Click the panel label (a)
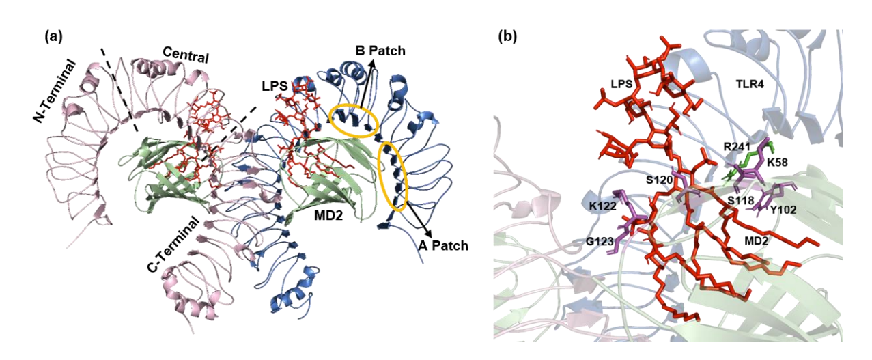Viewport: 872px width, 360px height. pos(53,37)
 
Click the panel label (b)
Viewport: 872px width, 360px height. pos(507,37)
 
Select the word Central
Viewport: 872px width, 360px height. pos(186,55)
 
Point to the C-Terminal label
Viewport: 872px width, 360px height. pos(173,245)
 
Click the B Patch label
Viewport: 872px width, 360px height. pos(380,51)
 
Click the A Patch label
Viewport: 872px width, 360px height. pos(443,245)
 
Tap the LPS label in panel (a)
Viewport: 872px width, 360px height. pos(275,86)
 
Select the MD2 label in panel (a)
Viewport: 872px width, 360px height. pos(328,215)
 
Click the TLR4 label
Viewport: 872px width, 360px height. pos(749,84)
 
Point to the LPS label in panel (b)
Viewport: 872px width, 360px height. pos(621,84)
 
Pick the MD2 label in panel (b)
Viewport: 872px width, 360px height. pos(756,241)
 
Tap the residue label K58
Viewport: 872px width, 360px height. pos(777,162)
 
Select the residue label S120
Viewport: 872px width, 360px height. pos(659,180)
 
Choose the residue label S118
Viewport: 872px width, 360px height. pos(741,200)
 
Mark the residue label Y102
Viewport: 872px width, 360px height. pos(783,210)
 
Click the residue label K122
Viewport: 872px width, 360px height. pos(602,206)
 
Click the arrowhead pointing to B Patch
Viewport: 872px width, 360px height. pos(373,63)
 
